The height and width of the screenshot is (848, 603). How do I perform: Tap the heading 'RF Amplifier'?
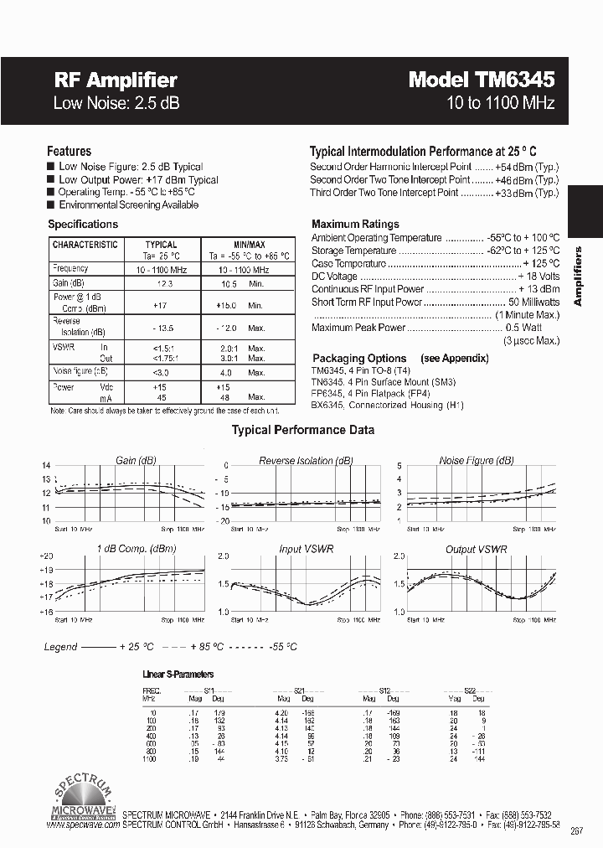tap(116, 80)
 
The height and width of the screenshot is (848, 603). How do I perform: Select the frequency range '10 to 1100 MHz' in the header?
tap(501, 104)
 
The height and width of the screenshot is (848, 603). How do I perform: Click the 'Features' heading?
tap(69, 152)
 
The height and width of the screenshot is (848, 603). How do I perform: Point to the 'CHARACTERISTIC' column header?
tap(85, 245)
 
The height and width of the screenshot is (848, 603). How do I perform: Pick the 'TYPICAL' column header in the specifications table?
tap(162, 246)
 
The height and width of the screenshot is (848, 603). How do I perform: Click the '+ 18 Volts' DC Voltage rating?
tap(539, 277)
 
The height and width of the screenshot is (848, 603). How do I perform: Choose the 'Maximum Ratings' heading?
tap(355, 225)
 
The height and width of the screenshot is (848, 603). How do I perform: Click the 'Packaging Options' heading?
tap(359, 359)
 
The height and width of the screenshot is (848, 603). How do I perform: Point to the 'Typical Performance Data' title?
tap(302, 430)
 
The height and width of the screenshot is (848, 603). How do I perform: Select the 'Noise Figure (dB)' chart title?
tap(477, 461)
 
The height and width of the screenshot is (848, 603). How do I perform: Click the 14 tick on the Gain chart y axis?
tap(47, 465)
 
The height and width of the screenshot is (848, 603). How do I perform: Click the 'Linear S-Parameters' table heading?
tap(178, 675)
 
